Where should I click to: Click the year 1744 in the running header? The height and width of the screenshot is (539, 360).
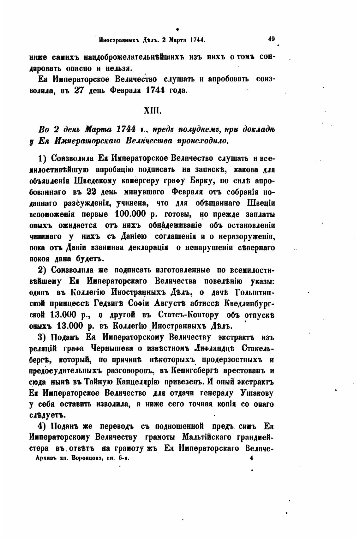coord(198,40)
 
